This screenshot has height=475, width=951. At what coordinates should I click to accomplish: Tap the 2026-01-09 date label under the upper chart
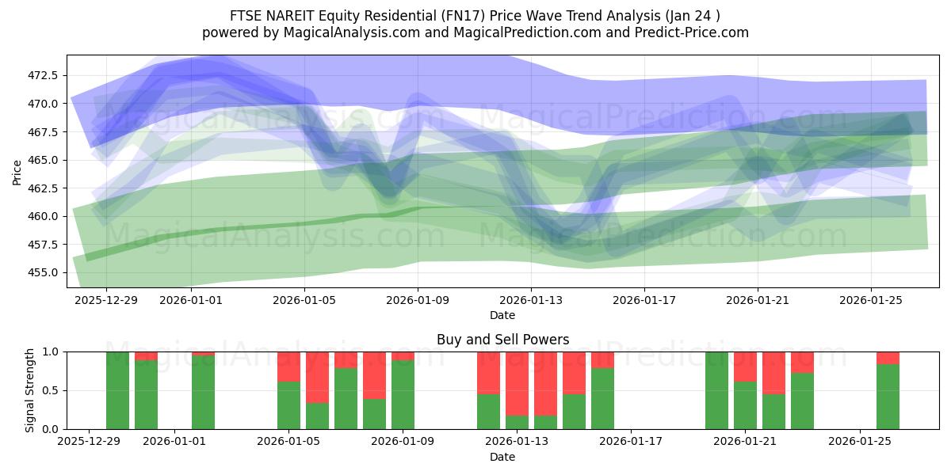(418, 300)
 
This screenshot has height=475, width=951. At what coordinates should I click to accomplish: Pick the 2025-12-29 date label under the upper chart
(106, 300)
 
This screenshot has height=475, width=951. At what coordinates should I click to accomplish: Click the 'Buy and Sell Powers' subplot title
(502, 340)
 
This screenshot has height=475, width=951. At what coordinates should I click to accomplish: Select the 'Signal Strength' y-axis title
(29, 389)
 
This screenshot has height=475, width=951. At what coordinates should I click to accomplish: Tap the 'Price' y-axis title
(17, 173)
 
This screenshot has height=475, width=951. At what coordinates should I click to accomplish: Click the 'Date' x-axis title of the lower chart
(502, 457)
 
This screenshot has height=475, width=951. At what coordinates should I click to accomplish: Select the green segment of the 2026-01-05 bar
(288, 405)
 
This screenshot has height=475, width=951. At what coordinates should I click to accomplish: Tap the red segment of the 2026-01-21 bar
(745, 367)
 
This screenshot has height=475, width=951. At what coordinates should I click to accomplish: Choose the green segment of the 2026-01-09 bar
(403, 394)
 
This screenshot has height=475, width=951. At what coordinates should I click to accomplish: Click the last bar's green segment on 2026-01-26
(888, 396)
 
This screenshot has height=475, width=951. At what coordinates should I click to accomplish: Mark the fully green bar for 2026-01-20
(716, 390)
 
